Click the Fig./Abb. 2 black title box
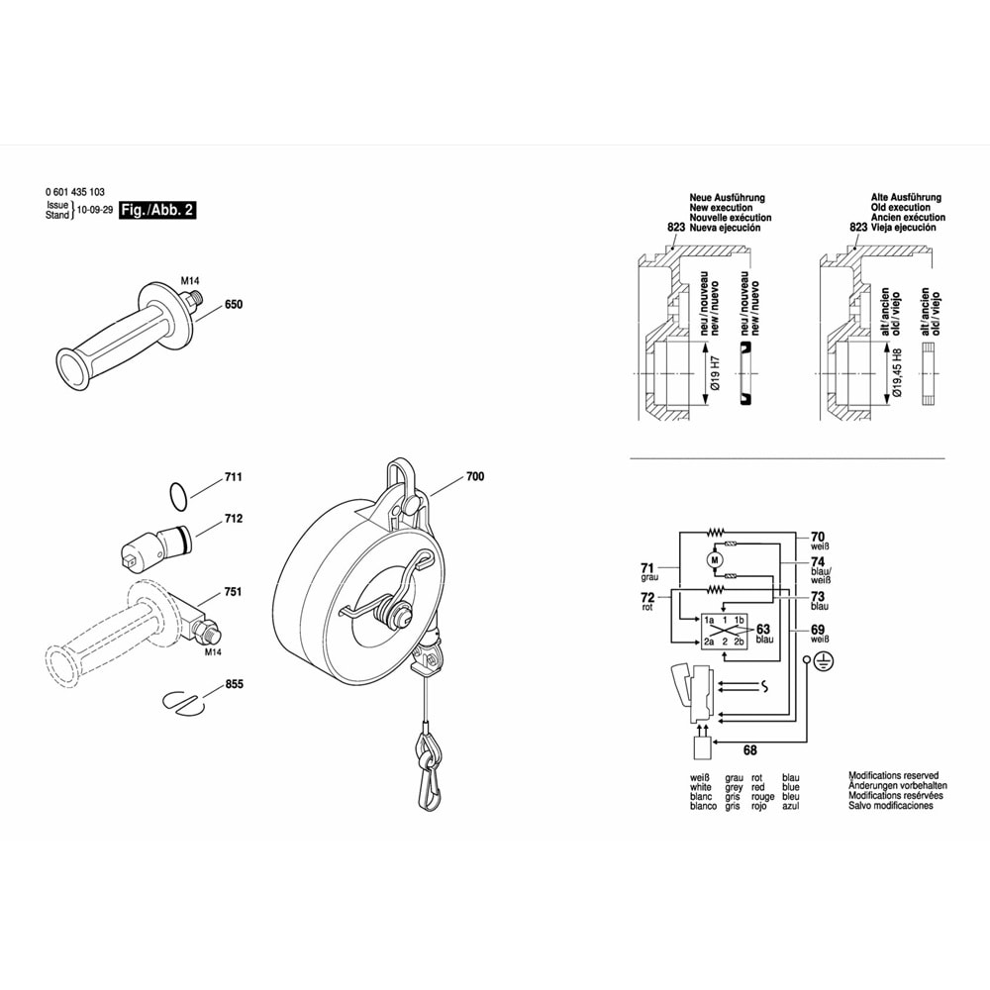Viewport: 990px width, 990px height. (x=155, y=211)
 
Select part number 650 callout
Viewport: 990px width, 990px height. (x=234, y=305)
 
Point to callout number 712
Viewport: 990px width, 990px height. (x=234, y=519)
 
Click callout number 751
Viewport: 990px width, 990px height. (x=234, y=592)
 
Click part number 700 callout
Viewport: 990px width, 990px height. (x=474, y=478)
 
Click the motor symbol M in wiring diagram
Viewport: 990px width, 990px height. (x=715, y=561)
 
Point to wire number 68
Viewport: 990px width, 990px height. (x=749, y=750)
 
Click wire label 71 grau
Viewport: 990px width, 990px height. (x=648, y=570)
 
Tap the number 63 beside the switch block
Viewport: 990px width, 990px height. (x=763, y=629)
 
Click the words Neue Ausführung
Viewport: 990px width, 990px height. (x=727, y=198)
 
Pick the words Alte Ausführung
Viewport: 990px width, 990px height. (x=908, y=198)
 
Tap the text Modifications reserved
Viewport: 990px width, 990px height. (x=893, y=775)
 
